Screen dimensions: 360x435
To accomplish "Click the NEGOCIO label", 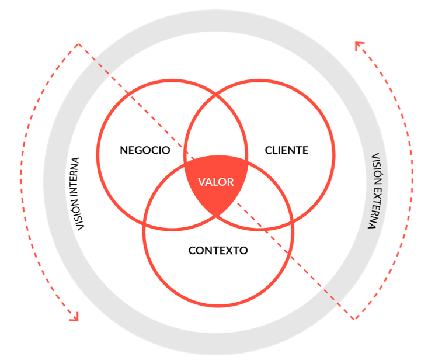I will click(x=145, y=150).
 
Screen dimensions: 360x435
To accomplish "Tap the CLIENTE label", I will click(x=286, y=150).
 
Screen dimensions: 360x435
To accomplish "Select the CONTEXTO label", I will click(x=218, y=251).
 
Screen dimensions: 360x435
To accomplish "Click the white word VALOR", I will click(x=216, y=182).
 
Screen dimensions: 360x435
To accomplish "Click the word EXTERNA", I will click(x=375, y=208).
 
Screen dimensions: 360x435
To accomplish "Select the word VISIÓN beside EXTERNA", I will click(x=376, y=169).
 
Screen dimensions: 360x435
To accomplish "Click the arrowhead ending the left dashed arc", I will click(x=74, y=317).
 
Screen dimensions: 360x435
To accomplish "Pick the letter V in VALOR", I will click(x=201, y=182).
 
